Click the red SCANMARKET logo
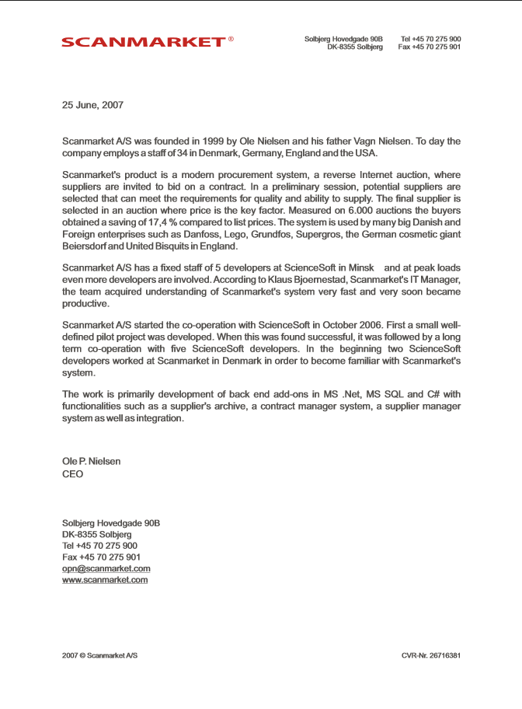pos(143,42)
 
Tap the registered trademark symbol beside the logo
pos(231,39)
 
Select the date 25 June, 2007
pos(92,105)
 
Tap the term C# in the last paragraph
pos(433,393)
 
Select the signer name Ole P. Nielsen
pos(91,462)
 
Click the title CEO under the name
pos(72,474)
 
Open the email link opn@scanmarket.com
pos(106,568)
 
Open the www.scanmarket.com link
pos(105,580)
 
